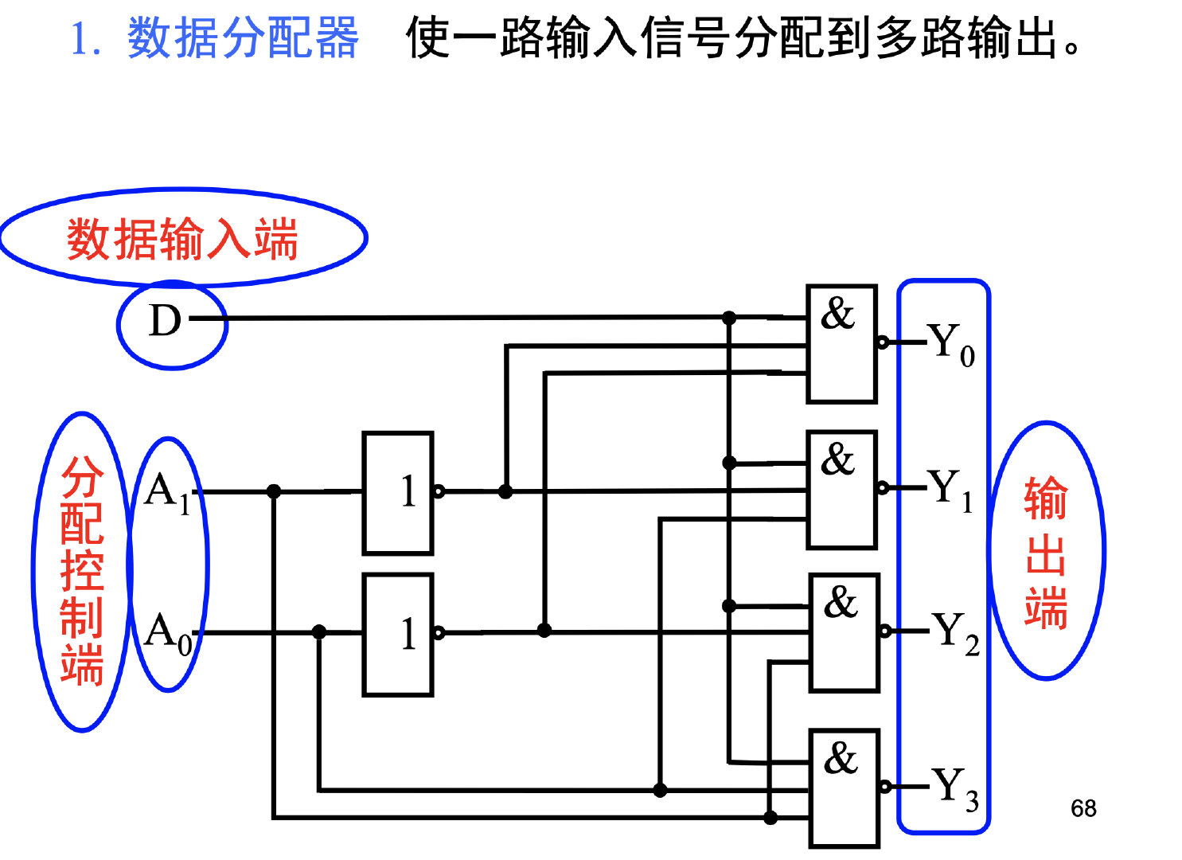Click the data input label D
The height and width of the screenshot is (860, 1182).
click(166, 321)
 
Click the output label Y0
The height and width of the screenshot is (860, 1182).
click(951, 344)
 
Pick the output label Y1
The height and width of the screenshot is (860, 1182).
click(950, 488)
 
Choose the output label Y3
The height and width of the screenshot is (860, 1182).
click(954, 787)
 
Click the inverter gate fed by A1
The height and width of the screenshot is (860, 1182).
click(398, 493)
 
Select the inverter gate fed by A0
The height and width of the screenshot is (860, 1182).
click(398, 634)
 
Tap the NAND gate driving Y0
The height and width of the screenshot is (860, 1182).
click(841, 343)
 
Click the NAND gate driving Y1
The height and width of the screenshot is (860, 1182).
click(841, 489)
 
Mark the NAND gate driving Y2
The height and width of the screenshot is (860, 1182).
click(844, 632)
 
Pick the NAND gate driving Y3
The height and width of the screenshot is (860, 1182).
click(844, 788)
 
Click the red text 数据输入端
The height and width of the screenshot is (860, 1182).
click(182, 239)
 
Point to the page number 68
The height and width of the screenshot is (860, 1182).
click(1083, 808)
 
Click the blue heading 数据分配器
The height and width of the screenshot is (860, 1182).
click(243, 37)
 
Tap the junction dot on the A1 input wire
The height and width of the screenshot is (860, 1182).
click(274, 491)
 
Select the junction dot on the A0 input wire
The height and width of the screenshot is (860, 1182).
click(319, 632)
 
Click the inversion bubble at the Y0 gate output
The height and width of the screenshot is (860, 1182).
click(883, 343)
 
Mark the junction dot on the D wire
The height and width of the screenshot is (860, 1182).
click(729, 319)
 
